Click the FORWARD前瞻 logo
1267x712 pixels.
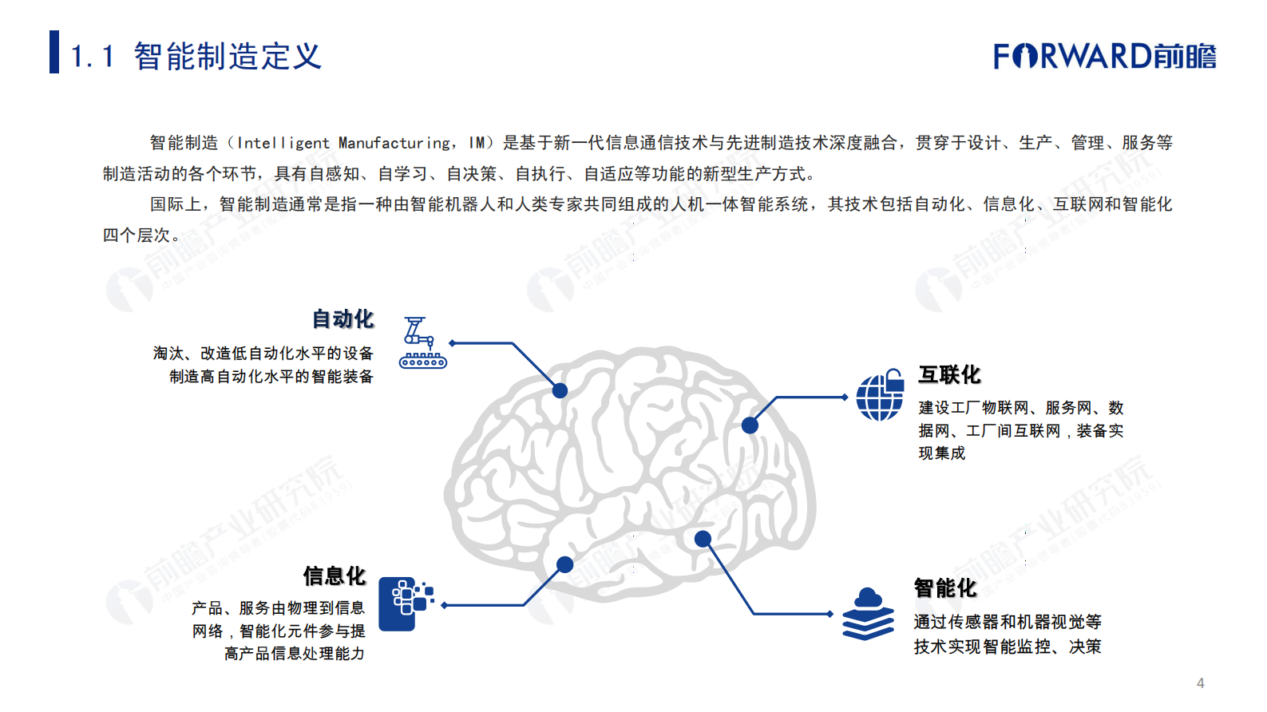pos(1104,57)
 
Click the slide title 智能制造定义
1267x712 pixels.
pos(228,57)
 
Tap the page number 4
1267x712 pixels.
pos(1200,683)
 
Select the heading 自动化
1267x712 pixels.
pos(342,319)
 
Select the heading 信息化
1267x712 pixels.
pos(334,576)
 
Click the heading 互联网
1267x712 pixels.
pos(949,374)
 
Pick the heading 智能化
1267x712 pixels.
pos(945,588)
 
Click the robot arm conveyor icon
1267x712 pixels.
pos(422,342)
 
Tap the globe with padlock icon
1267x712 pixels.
pos(880,395)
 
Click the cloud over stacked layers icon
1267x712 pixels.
pos(869,614)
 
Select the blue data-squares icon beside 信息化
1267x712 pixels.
pos(406,603)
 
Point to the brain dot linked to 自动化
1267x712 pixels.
pos(560,390)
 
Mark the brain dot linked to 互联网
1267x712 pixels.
pos(750,425)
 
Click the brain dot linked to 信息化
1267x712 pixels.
pos(565,565)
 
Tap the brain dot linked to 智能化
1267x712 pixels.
pos(703,539)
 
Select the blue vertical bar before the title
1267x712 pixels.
pos(54,52)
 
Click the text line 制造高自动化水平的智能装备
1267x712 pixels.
pos(271,376)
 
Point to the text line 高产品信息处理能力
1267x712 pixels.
pos(294,654)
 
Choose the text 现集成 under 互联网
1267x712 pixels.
pos(942,453)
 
